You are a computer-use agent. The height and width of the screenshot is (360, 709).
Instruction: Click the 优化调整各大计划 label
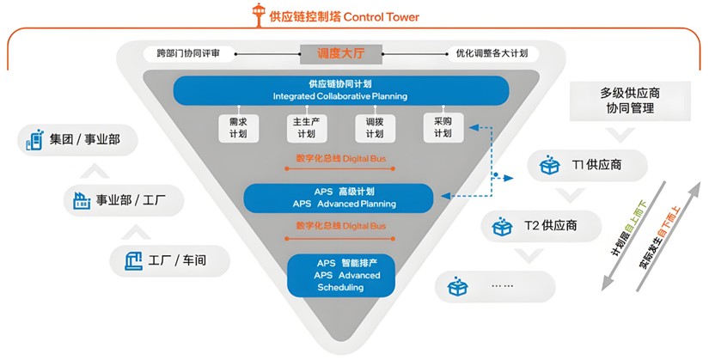point(492,54)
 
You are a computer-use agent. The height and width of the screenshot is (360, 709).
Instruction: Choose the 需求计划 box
point(232,128)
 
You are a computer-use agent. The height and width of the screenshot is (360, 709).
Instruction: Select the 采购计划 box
point(442,127)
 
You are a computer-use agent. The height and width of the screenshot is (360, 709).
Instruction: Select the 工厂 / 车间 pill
point(170,259)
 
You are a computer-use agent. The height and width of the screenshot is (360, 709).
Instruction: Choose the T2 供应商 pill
point(538,226)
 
